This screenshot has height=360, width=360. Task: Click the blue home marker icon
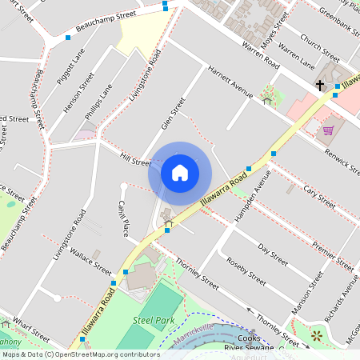pos(180,172)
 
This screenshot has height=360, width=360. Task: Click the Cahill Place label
pos(124,218)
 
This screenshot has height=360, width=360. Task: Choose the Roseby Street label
pos(246,272)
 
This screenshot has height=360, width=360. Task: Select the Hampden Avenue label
pos(248,205)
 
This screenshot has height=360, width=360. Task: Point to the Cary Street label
pos(318,195)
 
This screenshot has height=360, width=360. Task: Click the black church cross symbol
pos(319,85)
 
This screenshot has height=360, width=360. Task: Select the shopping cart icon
pos(328,130)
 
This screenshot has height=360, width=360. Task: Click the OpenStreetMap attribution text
pos(81,354)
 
